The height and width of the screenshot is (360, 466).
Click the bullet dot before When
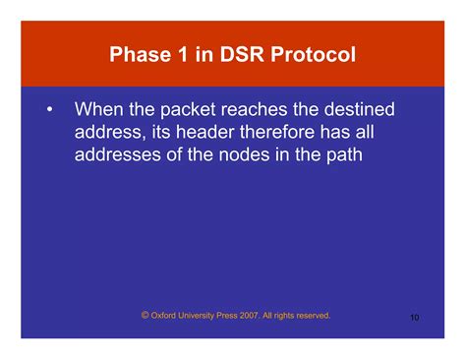tap(48, 106)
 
